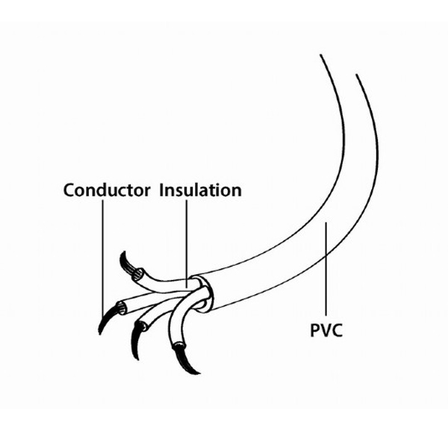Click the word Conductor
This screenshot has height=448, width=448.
107,190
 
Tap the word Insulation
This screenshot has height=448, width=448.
200,190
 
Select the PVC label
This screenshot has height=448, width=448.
326,330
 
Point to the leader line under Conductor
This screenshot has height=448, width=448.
103,258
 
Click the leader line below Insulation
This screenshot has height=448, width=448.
187,243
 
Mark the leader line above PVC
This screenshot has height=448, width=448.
326,269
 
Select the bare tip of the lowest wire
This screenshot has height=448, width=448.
184,359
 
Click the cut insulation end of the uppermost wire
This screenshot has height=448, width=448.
138,275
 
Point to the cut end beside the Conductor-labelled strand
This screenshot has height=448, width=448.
122,308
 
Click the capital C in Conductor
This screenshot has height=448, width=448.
69,190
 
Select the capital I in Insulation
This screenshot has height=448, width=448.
161,190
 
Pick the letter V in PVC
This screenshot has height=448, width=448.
326,330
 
